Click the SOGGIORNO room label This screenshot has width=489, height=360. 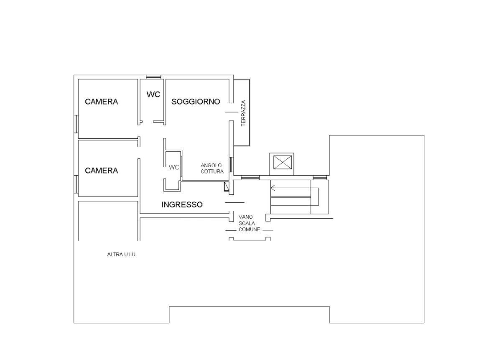(x=195, y=102)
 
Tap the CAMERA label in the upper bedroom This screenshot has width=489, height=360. (x=101, y=102)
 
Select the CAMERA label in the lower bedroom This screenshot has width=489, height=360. (x=101, y=171)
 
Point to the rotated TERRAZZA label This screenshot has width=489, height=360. (x=243, y=113)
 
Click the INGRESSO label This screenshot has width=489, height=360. (x=182, y=205)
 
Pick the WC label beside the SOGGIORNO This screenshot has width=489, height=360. (x=153, y=94)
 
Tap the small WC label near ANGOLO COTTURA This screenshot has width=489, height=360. (x=174, y=167)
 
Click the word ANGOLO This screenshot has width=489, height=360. (x=211, y=166)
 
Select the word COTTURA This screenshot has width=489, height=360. (x=212, y=171)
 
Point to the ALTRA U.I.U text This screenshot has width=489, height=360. (x=121, y=254)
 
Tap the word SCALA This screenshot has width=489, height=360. (x=247, y=223)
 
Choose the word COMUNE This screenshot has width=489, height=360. (x=249, y=230)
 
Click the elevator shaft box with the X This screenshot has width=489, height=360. (x=282, y=162)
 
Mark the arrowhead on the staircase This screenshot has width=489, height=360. (x=273, y=188)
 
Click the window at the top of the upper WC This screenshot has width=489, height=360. (x=153, y=77)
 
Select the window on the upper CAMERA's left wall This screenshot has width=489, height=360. (x=76, y=124)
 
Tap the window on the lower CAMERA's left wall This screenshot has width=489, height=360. (x=76, y=184)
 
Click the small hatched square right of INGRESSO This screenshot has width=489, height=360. (x=227, y=187)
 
